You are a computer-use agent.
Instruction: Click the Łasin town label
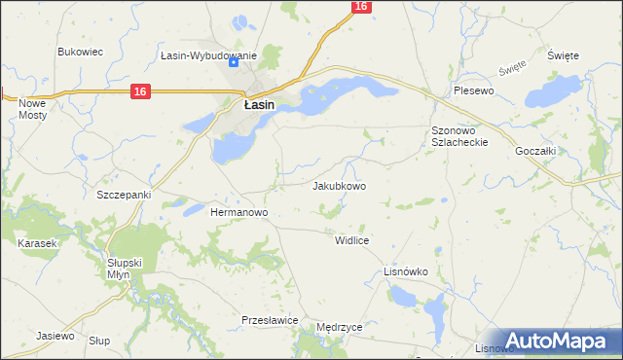(x=258, y=104)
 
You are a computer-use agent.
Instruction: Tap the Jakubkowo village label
(x=339, y=185)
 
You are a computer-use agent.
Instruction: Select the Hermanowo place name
(x=239, y=211)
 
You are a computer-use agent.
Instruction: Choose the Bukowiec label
(x=81, y=52)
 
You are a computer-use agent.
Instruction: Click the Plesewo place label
(x=475, y=90)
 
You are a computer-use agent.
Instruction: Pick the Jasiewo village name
(x=55, y=336)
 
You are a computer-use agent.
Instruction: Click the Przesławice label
(x=269, y=319)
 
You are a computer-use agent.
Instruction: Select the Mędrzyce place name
(x=340, y=328)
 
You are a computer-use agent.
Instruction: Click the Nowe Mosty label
(x=32, y=108)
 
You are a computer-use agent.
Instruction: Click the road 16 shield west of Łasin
(x=140, y=91)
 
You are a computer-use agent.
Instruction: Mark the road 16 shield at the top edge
(x=360, y=6)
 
